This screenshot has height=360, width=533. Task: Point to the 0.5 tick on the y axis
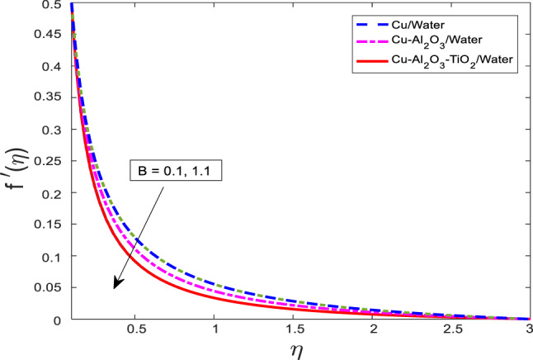pyautogui.click(x=49, y=5)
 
